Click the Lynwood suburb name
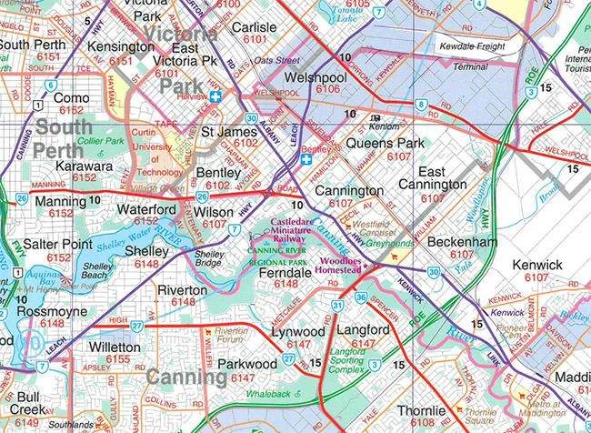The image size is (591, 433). point(298,332)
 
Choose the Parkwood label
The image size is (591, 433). point(247,364)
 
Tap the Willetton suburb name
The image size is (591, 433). point(115,347)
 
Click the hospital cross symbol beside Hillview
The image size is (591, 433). point(215,97)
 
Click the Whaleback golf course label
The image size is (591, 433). point(266,394)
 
